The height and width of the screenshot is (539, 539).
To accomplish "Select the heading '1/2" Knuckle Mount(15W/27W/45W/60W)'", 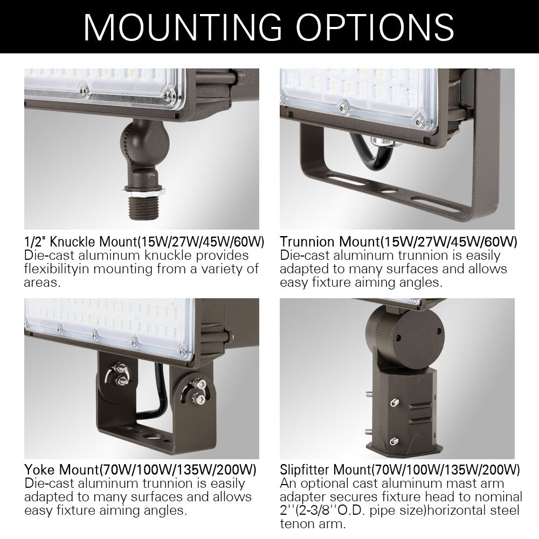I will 142,241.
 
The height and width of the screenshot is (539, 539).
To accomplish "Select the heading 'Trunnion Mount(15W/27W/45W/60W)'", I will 398,241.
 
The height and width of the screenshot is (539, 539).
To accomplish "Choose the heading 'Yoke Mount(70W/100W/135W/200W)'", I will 140,468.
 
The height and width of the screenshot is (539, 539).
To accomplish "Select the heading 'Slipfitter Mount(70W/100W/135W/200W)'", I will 399,468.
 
